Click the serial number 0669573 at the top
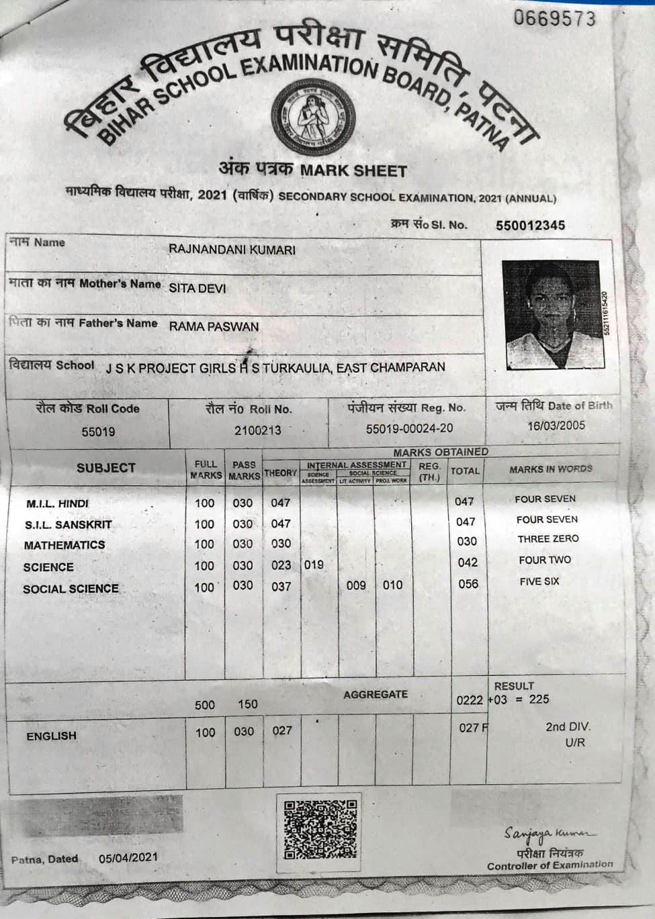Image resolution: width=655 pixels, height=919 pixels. pyautogui.click(x=555, y=19)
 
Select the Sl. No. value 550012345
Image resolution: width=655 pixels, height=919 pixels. pyautogui.click(x=530, y=226)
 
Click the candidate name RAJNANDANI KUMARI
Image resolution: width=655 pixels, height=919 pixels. pyautogui.click(x=232, y=250)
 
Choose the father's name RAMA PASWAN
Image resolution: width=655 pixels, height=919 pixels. pyautogui.click(x=214, y=328)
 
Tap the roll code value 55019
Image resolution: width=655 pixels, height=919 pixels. pyautogui.click(x=98, y=432)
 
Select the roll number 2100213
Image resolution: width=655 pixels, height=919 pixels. pyautogui.click(x=258, y=430)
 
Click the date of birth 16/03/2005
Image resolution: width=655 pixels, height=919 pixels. pyautogui.click(x=556, y=426)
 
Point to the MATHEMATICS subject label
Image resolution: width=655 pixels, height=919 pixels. pyautogui.click(x=64, y=545)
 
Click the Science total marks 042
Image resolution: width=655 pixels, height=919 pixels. pyautogui.click(x=468, y=563)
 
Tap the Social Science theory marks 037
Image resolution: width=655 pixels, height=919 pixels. pyautogui.click(x=281, y=586)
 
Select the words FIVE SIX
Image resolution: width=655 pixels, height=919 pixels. pyautogui.click(x=539, y=581)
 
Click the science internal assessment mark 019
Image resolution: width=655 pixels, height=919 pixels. pyautogui.click(x=314, y=565)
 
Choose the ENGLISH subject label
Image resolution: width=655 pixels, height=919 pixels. pyautogui.click(x=51, y=736)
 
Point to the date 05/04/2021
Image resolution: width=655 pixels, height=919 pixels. pyautogui.click(x=128, y=857)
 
